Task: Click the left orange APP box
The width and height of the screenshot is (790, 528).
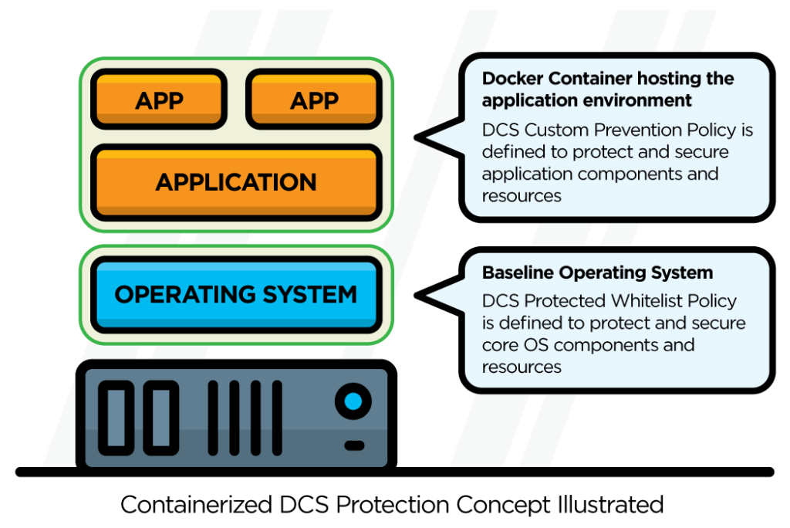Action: (159, 100)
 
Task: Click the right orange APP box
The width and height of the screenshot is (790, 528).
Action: (314, 100)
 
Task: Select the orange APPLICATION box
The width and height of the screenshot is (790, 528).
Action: (236, 182)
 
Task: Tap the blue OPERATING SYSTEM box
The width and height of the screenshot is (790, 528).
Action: (236, 294)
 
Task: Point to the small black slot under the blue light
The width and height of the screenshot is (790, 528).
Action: (354, 445)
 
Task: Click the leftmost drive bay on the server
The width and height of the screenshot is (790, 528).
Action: (118, 417)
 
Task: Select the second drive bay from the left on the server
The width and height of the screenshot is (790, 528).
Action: (161, 417)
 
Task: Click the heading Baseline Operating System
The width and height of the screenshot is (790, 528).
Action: (597, 272)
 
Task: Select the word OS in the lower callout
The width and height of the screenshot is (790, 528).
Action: (531, 344)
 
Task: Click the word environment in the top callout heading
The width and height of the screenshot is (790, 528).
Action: (636, 100)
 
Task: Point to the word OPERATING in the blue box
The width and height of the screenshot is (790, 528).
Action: (180, 294)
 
